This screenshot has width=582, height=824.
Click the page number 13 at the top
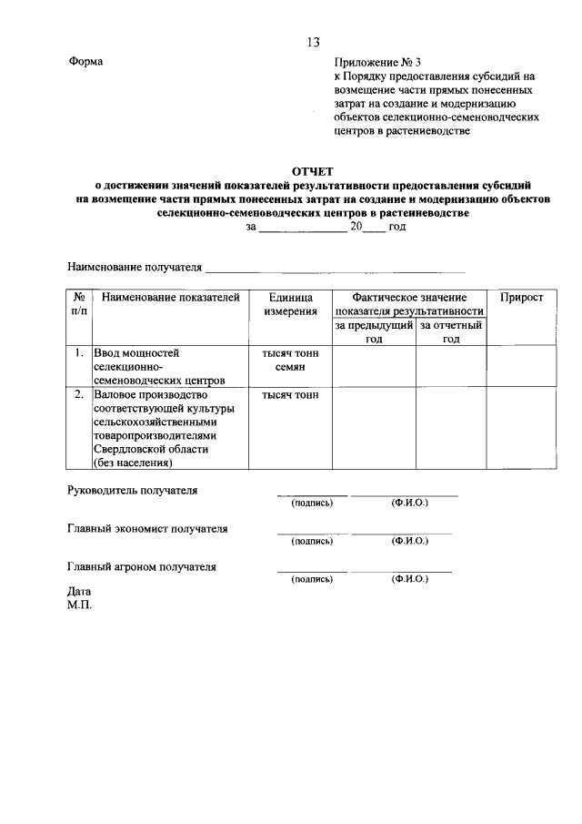pyautogui.click(x=314, y=42)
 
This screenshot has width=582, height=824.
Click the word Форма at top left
pyautogui.click(x=85, y=62)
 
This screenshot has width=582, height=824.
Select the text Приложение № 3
pyautogui.click(x=377, y=62)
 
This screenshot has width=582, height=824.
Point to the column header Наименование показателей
pyautogui.click(x=170, y=298)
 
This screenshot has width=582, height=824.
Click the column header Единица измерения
pyautogui.click(x=290, y=305)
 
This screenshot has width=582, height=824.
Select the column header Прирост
pyautogui.click(x=521, y=298)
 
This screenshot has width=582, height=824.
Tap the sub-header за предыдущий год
pyautogui.click(x=374, y=331)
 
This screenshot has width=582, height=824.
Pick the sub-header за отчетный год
pyautogui.click(x=451, y=331)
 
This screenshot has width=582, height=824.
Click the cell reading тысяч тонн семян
pyautogui.click(x=290, y=360)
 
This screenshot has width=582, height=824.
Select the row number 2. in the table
pyautogui.click(x=79, y=395)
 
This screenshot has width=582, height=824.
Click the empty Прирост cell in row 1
pyautogui.click(x=521, y=366)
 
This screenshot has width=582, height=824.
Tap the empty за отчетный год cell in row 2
pyautogui.click(x=451, y=428)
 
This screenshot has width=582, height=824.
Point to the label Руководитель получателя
pyautogui.click(x=133, y=491)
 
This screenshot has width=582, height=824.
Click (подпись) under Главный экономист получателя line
pyautogui.click(x=311, y=541)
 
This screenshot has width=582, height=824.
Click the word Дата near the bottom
pyautogui.click(x=80, y=591)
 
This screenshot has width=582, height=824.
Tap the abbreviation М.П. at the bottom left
pyautogui.click(x=80, y=604)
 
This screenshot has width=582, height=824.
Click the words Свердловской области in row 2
pyautogui.click(x=150, y=450)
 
